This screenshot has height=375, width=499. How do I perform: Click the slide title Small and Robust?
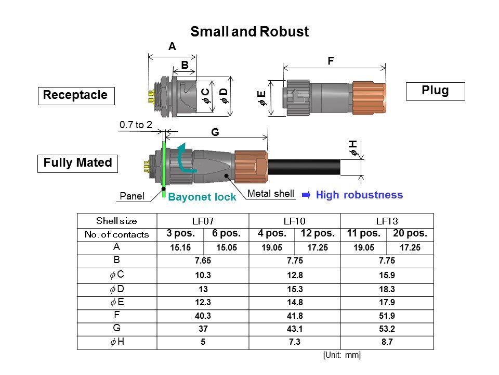[249, 32]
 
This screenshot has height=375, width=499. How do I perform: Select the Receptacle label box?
[76, 95]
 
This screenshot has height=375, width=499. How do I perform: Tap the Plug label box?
[435, 91]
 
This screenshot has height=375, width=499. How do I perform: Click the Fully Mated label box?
[78, 163]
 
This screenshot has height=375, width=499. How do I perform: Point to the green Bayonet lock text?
[202, 197]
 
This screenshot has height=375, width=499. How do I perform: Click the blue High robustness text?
[359, 195]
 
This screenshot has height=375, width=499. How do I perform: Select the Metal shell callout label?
[271, 194]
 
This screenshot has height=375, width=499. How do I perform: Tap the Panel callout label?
[132, 196]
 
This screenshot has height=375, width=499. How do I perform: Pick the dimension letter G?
[215, 133]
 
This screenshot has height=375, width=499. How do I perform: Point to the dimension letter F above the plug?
[330, 61]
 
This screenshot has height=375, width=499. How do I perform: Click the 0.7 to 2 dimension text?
[136, 124]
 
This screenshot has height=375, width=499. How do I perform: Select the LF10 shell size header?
[295, 221]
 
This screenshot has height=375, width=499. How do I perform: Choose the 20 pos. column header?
[410, 234]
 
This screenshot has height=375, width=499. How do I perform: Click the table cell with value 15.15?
[181, 248]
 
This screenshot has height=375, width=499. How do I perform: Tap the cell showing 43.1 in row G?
[295, 329]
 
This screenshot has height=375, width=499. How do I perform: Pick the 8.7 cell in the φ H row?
[387, 343]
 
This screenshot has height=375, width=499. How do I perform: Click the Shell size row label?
[117, 221]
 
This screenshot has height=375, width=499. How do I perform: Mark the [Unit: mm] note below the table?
[342, 355]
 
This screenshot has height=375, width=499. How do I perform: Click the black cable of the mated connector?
[304, 167]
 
